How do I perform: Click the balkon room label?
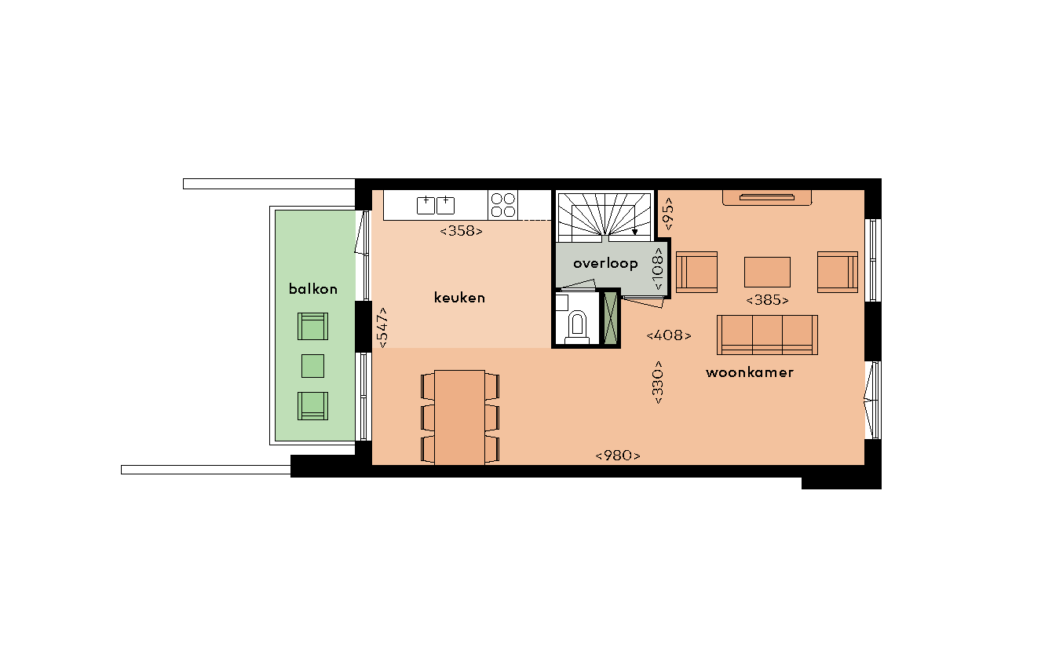point(312,289)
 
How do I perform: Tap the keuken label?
point(459,298)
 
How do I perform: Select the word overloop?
point(605,264)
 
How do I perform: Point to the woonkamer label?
point(749,372)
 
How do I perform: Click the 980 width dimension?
point(618,456)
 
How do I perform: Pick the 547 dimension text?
point(382,328)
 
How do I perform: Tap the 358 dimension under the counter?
point(462,231)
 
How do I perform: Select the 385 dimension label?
point(767,300)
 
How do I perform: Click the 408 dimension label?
point(669,335)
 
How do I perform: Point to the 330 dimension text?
point(658,383)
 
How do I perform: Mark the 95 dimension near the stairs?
point(667,214)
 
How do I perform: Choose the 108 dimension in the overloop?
point(658,269)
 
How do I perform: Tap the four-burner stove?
point(503,205)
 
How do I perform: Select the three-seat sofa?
point(767,335)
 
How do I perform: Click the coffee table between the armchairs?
point(767,272)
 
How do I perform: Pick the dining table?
point(459,417)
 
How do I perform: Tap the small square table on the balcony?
point(312,366)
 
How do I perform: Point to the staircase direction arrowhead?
point(635,232)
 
